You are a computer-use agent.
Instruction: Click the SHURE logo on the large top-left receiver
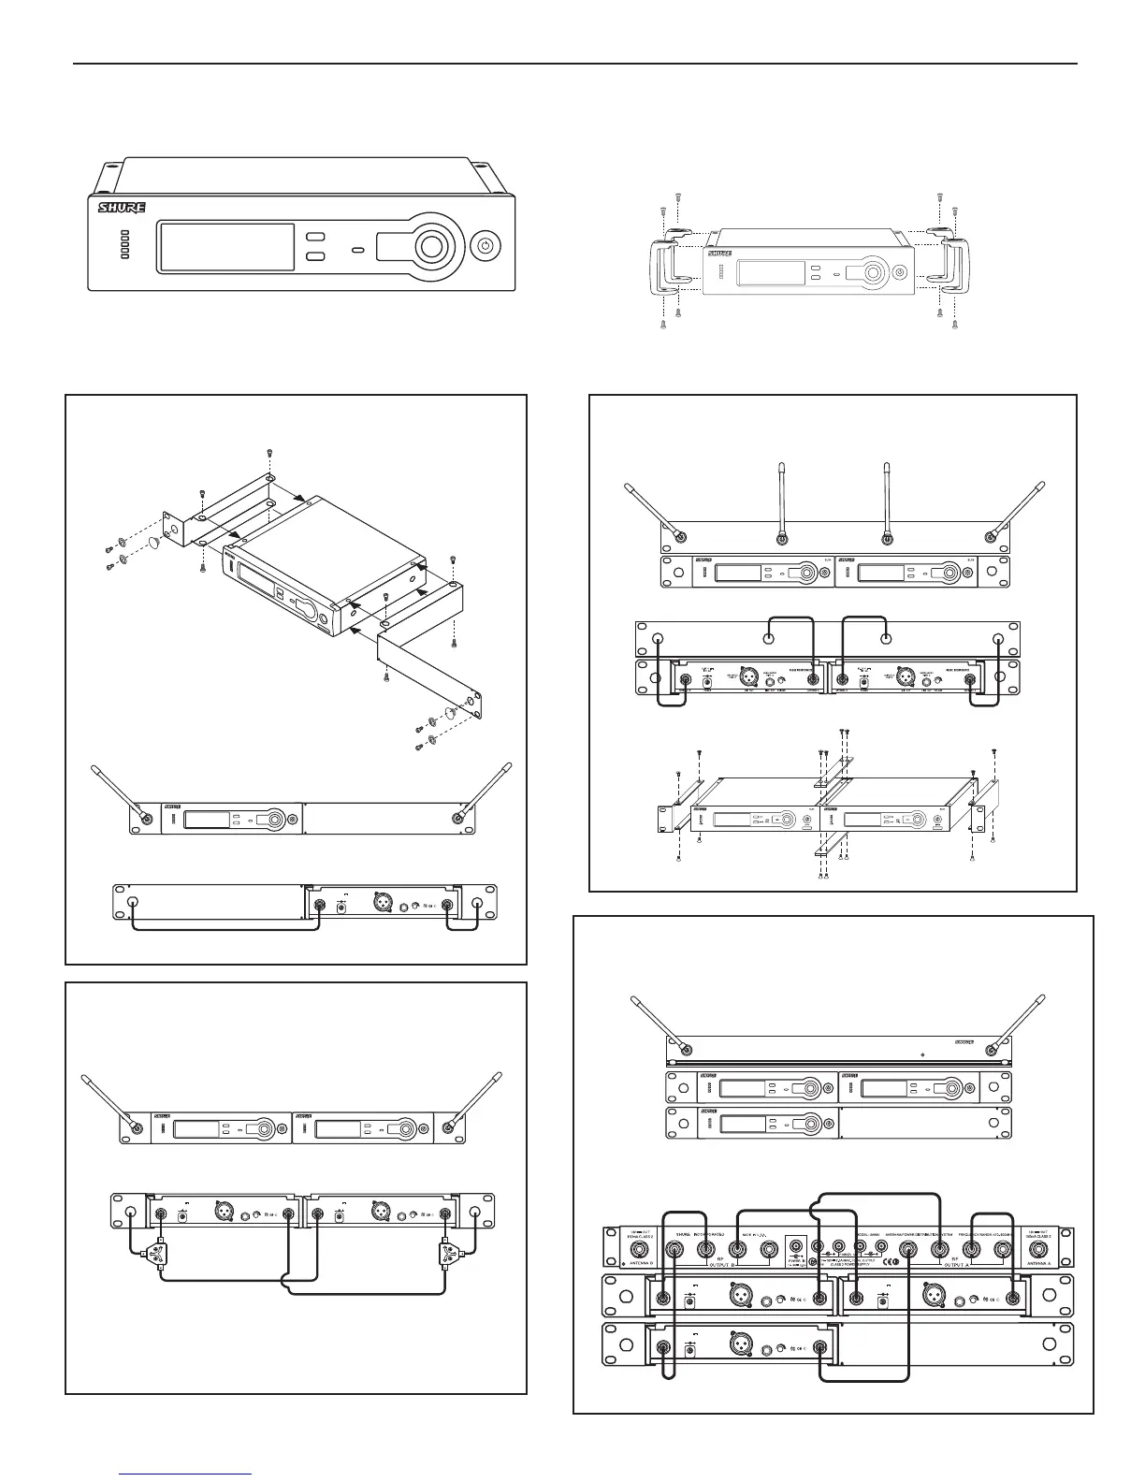click(x=122, y=207)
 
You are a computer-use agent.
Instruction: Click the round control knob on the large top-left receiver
click(x=431, y=247)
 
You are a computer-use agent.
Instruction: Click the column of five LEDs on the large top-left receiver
click(x=123, y=245)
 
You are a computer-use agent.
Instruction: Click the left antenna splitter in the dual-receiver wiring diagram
click(x=160, y=1250)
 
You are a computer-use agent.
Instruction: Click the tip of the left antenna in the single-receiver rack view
click(x=94, y=768)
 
